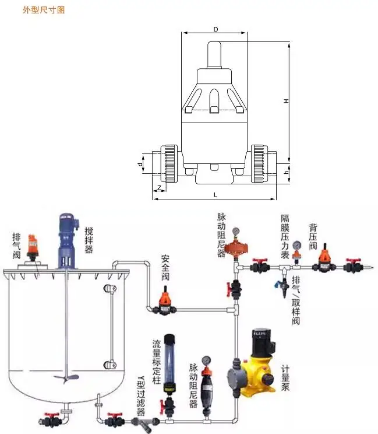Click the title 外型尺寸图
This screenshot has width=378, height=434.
tap(44, 10)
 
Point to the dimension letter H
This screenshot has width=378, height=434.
tap(286, 101)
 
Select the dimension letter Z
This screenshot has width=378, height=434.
tap(159, 188)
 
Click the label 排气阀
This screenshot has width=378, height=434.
tap(17, 244)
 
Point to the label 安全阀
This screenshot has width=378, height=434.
tap(166, 267)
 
